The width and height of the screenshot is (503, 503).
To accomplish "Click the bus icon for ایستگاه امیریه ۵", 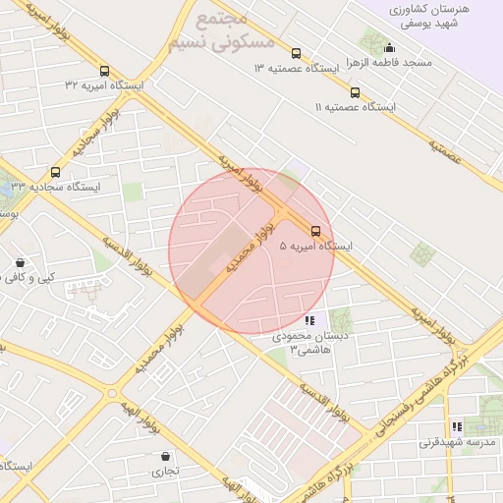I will [x=315, y=231].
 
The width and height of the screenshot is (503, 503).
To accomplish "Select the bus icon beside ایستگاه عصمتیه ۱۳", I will [x=297, y=54].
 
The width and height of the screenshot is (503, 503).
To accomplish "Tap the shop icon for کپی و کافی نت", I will [x=21, y=263].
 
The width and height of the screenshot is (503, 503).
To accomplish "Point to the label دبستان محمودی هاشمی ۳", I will [x=310, y=343].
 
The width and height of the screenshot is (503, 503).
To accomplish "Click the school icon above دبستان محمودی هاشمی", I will [x=310, y=320].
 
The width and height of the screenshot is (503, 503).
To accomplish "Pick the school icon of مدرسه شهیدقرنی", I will [x=457, y=426].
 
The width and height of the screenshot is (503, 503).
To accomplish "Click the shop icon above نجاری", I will [x=165, y=457].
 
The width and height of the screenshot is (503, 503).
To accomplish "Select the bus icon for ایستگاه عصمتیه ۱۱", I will [x=355, y=92].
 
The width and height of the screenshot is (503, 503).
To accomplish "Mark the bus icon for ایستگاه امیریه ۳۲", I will [x=104, y=71].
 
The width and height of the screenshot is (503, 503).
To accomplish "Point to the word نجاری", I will [x=164, y=472].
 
